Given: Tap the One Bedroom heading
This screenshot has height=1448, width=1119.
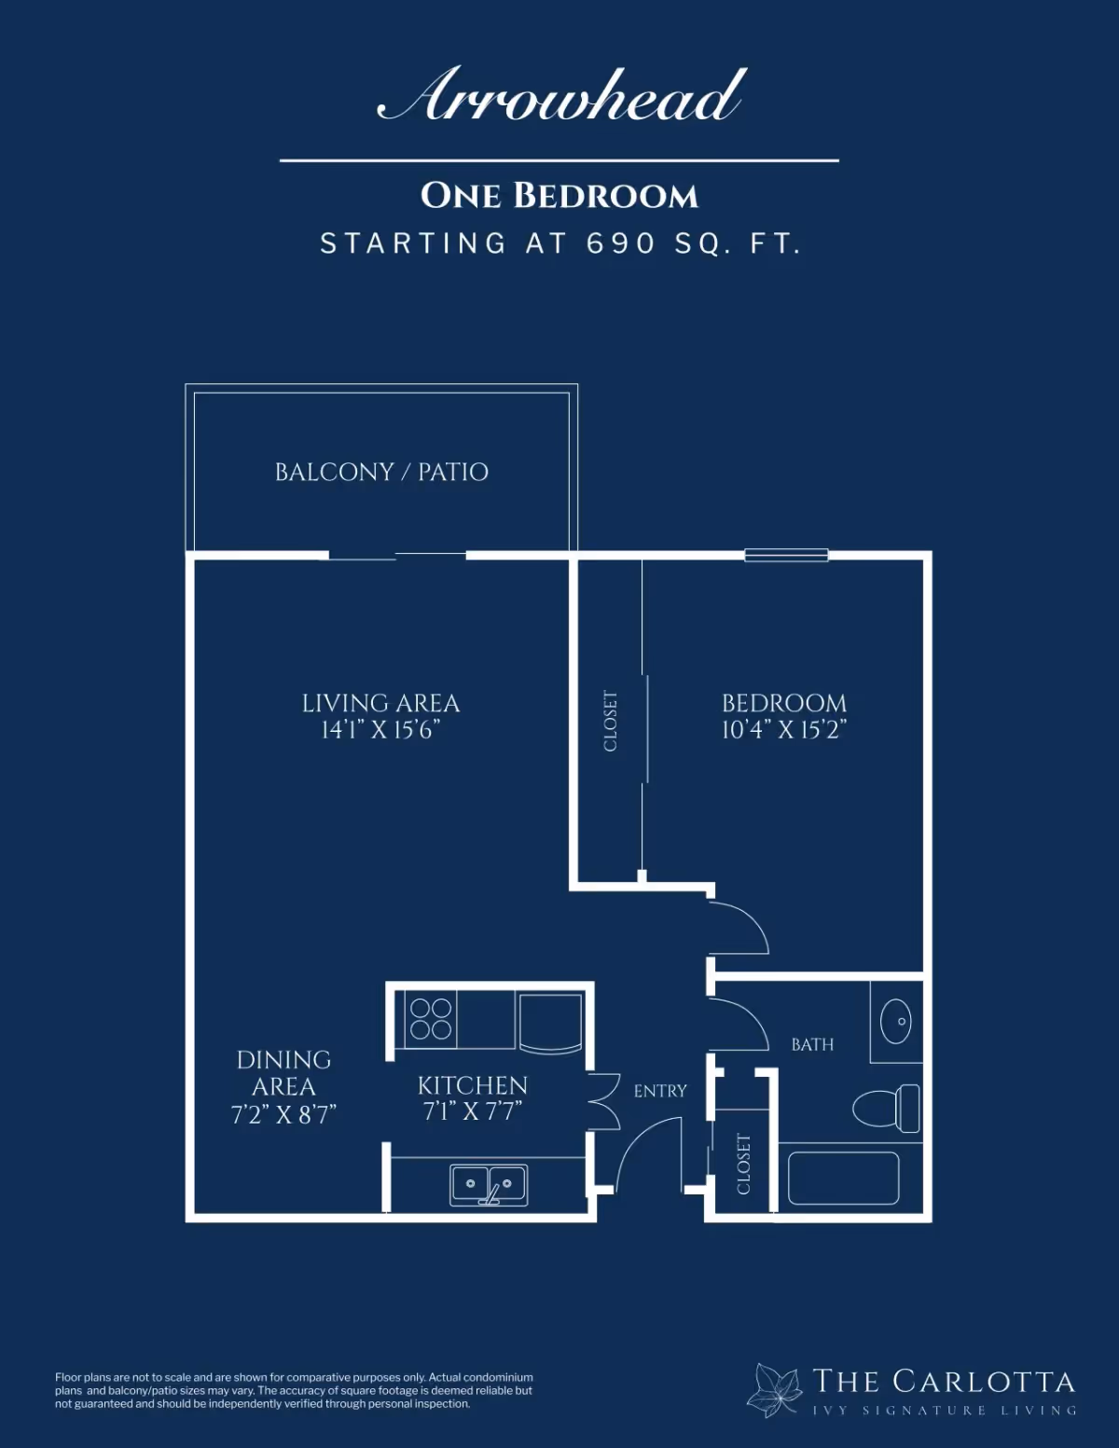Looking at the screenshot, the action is click(x=559, y=196).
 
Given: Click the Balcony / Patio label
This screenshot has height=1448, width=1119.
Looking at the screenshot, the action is click(x=381, y=472).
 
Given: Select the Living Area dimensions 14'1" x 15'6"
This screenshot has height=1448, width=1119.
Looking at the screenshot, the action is click(x=380, y=730).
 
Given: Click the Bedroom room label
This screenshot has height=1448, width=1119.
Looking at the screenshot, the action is click(x=784, y=703).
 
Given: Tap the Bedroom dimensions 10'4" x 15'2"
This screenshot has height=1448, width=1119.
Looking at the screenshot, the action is click(x=784, y=730).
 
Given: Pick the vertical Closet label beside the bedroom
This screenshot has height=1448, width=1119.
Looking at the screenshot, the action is click(x=611, y=722).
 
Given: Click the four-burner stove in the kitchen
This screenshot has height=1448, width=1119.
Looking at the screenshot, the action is click(x=431, y=1019).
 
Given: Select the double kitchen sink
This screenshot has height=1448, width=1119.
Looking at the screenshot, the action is click(x=489, y=1185).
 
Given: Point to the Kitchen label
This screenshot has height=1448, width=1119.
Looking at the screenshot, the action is click(x=473, y=1085).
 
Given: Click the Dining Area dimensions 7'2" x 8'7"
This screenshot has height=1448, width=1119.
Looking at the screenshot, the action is click(x=283, y=1114).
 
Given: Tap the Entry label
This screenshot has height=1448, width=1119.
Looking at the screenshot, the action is click(x=660, y=1091).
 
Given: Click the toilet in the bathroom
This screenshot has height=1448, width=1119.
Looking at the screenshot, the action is click(x=887, y=1109).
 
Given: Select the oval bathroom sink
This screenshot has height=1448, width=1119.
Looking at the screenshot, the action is click(x=896, y=1021).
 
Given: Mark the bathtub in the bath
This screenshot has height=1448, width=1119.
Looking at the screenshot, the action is click(x=843, y=1179).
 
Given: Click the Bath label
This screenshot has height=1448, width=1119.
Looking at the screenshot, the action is click(x=812, y=1044).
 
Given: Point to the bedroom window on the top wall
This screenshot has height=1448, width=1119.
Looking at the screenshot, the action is click(x=786, y=555).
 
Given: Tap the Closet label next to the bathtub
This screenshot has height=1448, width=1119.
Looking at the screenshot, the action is click(x=744, y=1165).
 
